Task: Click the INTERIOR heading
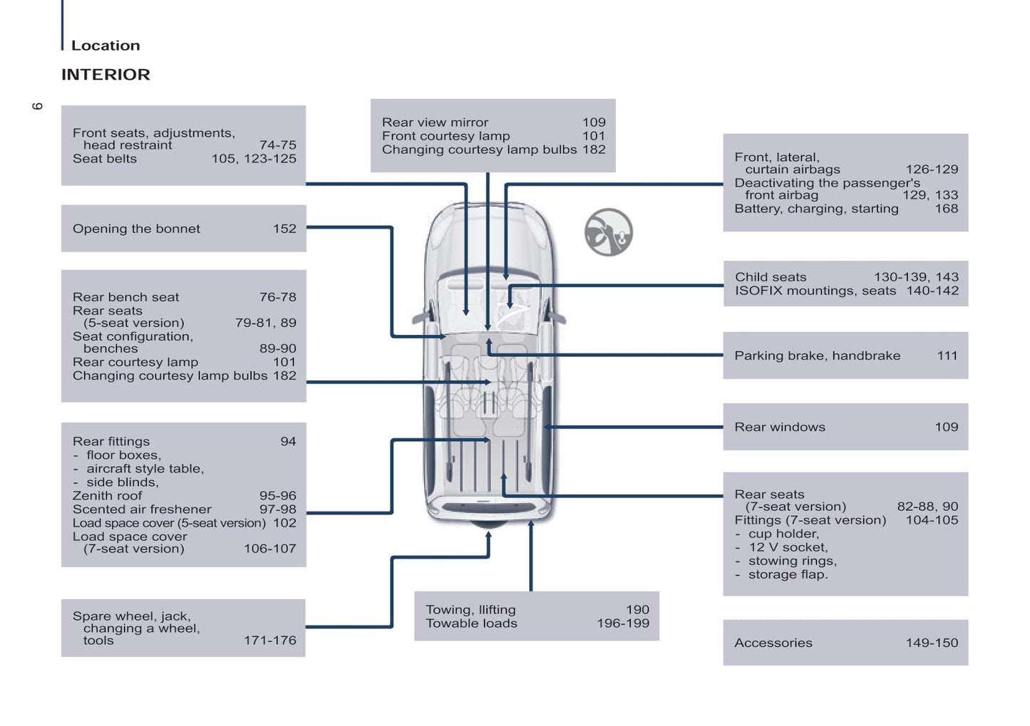[x=105, y=75]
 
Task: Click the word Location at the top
[x=105, y=46]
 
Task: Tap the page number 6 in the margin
[x=38, y=106]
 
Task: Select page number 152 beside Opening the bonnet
[x=284, y=229]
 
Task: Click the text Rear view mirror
[x=435, y=123]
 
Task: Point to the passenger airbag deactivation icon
[x=609, y=232]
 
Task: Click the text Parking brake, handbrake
[x=817, y=356]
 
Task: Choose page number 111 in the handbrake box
[x=947, y=356]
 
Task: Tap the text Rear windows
[x=780, y=427]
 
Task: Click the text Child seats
[x=771, y=277]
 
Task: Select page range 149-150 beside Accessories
[x=932, y=643]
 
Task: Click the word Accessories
[x=773, y=643]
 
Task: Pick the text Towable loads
[x=471, y=623]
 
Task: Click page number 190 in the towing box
[x=637, y=610]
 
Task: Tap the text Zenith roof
[x=107, y=496]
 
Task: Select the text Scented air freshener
[x=142, y=509]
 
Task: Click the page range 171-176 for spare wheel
[x=269, y=641]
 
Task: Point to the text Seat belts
[x=105, y=159]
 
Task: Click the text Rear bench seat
[x=125, y=297]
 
